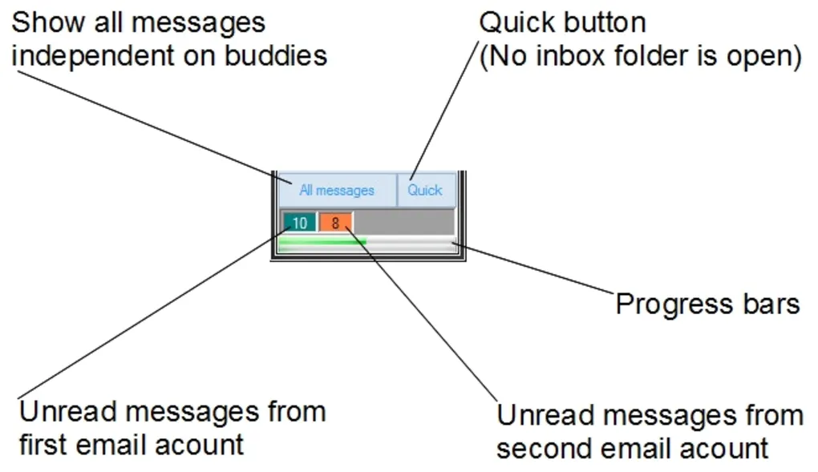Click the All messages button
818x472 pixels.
(x=337, y=191)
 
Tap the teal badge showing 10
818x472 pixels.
(x=299, y=223)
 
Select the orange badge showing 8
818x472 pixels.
(x=335, y=223)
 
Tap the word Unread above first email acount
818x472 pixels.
(x=69, y=412)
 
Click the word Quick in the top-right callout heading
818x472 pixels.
(x=517, y=22)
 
